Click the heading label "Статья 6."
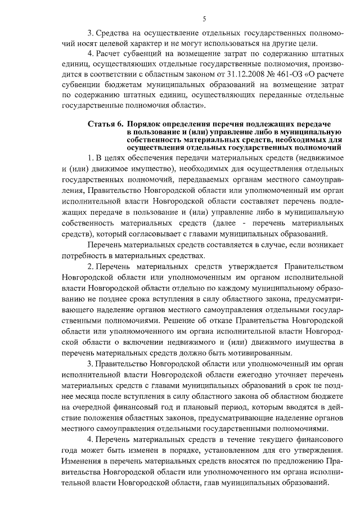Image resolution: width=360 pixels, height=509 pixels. point(105,123)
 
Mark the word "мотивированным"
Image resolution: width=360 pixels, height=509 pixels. point(245,354)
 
